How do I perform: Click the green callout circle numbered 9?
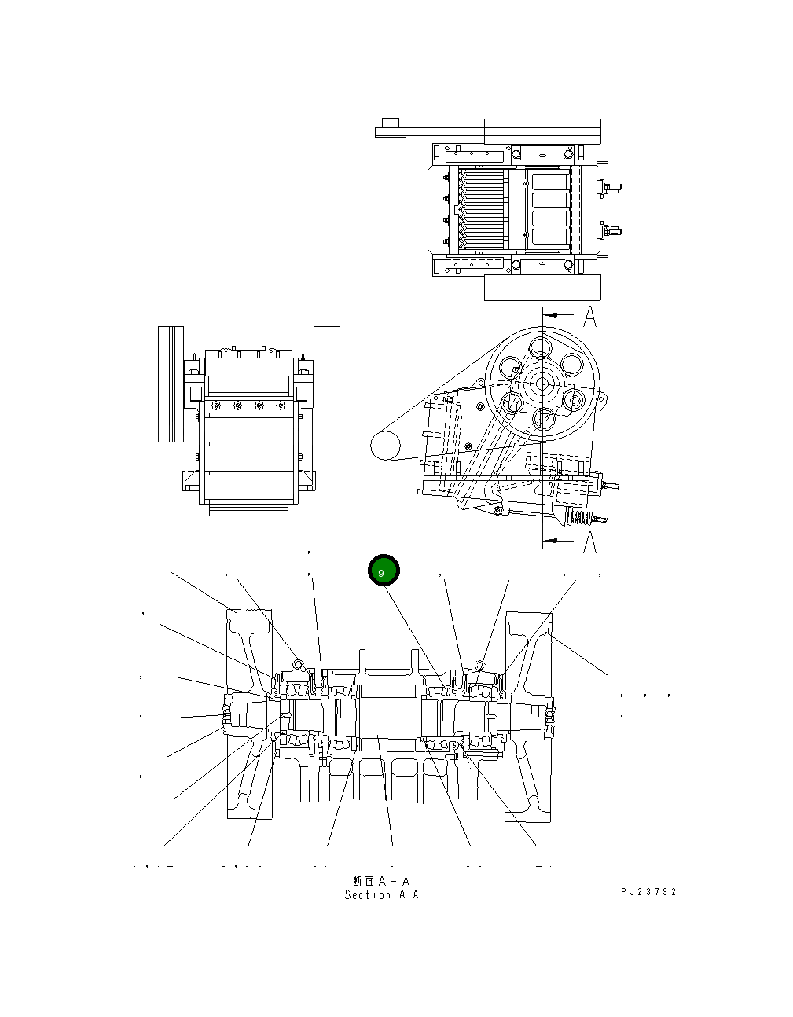(384, 571)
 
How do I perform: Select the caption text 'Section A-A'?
(382, 895)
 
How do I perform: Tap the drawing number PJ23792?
(648, 892)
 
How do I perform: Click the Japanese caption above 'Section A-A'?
(382, 881)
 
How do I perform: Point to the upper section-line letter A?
(589, 318)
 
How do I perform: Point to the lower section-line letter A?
(589, 542)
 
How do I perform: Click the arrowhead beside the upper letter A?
(553, 314)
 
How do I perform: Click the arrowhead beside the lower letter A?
(553, 541)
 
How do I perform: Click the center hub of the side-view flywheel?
(542, 384)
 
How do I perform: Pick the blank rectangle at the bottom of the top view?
(542, 288)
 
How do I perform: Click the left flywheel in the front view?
(171, 384)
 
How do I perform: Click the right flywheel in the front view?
(327, 384)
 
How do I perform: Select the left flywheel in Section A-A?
(249, 714)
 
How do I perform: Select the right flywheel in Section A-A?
(527, 714)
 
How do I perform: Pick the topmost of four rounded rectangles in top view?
(550, 182)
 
